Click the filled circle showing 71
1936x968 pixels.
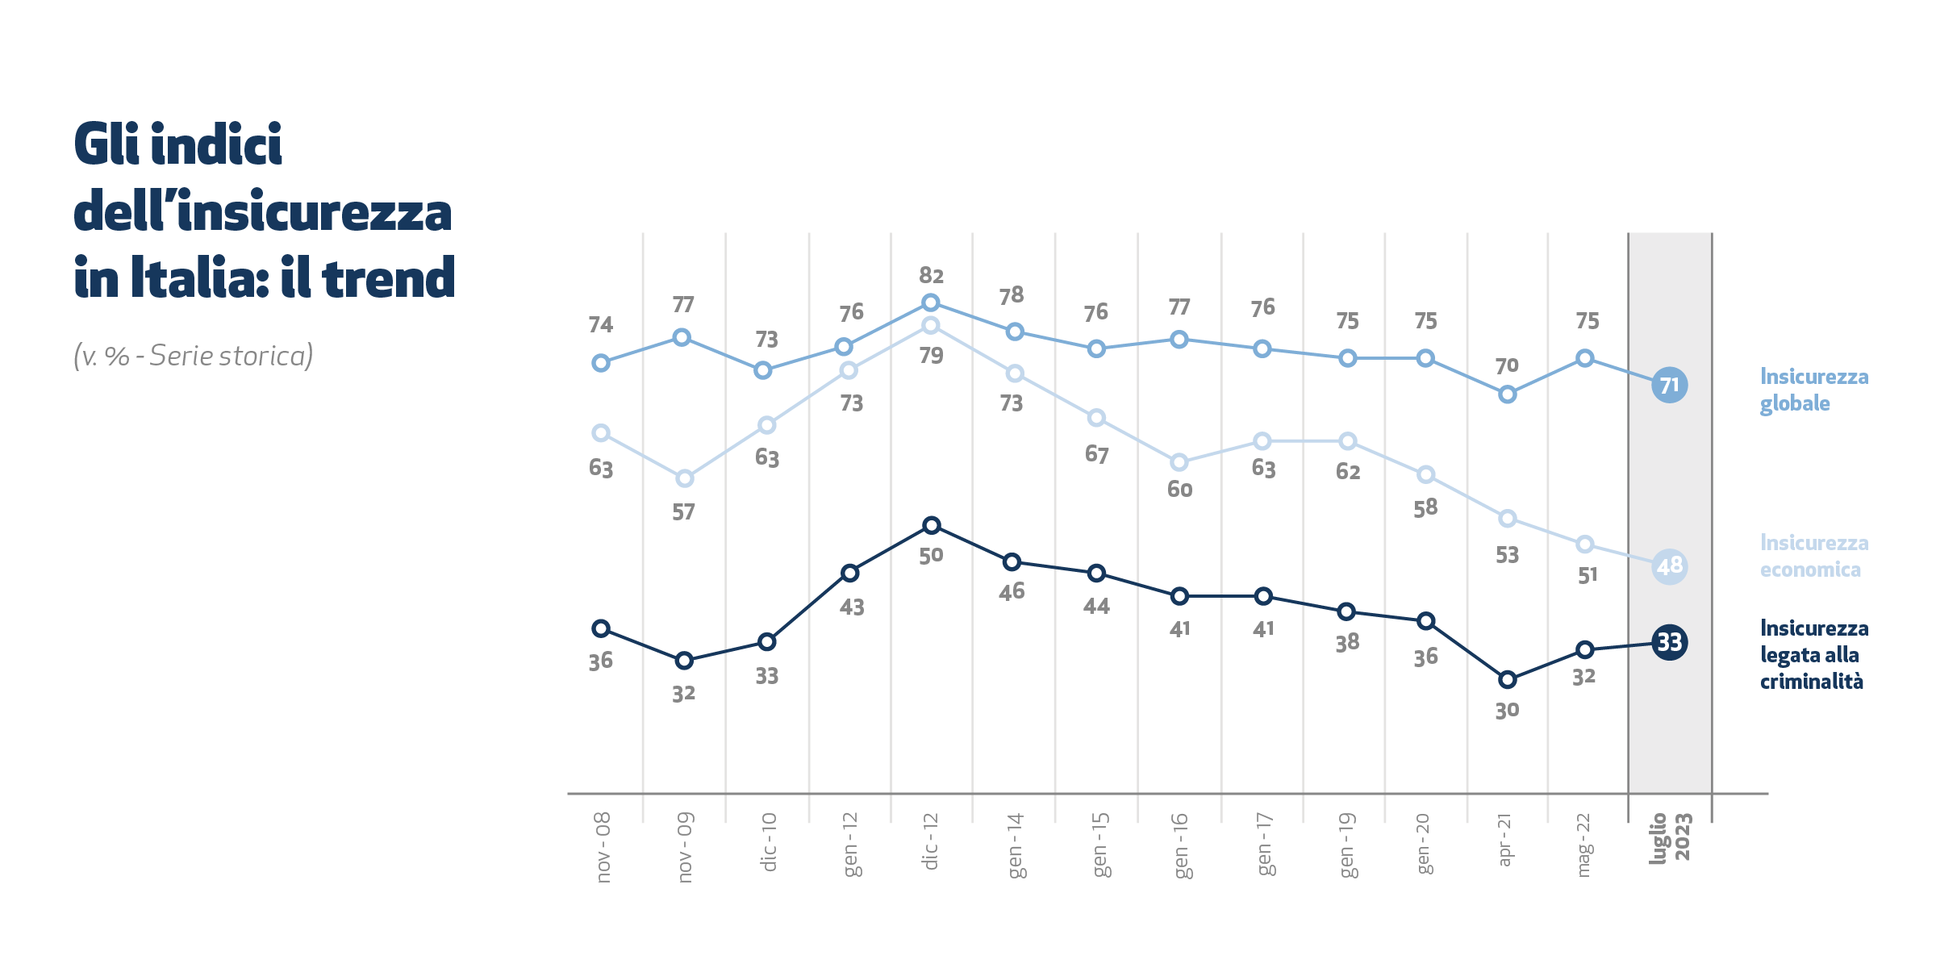click(1669, 385)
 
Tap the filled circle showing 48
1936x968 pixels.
click(1669, 566)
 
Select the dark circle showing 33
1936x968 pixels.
click(1669, 642)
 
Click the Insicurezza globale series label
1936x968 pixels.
click(1813, 390)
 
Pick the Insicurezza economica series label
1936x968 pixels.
click(1813, 556)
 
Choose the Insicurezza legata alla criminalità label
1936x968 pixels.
click(1813, 654)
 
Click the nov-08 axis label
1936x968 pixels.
click(603, 847)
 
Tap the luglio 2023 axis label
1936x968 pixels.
click(1669, 838)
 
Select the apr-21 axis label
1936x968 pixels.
click(1504, 840)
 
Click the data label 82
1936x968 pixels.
click(931, 276)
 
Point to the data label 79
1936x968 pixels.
click(931, 356)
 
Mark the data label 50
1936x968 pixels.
click(931, 556)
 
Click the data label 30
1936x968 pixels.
click(1507, 711)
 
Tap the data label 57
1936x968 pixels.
click(683, 512)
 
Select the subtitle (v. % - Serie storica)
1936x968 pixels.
click(194, 356)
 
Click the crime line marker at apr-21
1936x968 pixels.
click(1507, 680)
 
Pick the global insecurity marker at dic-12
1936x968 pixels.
click(930, 302)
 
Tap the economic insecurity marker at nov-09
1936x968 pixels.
click(684, 478)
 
